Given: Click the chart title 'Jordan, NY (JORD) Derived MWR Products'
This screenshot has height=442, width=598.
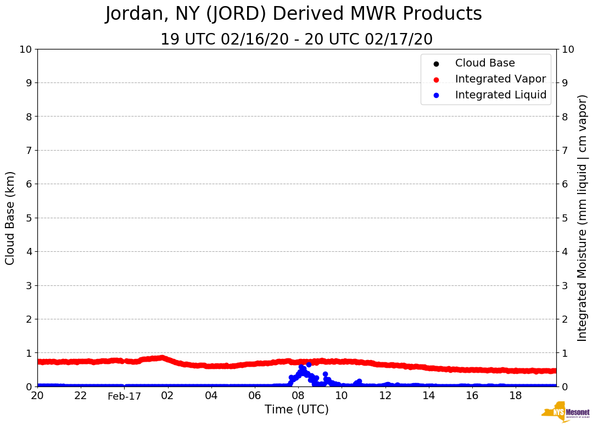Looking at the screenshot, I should [x=293, y=14].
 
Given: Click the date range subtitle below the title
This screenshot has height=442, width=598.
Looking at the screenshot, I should [x=296, y=40].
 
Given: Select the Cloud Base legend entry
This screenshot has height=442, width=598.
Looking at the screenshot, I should [x=485, y=63].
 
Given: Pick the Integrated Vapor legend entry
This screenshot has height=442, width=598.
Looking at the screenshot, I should [x=500, y=79].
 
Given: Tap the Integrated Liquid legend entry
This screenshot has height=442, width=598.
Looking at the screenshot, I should [x=500, y=95].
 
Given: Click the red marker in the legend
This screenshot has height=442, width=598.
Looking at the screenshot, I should [x=436, y=79].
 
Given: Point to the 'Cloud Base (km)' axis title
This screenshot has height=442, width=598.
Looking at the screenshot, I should [x=10, y=218].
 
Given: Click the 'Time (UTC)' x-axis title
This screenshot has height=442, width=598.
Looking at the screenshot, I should [x=297, y=410].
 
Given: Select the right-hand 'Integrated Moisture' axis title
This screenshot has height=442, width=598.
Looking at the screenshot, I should [x=583, y=218].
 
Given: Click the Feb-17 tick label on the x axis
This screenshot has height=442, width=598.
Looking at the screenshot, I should [x=124, y=396].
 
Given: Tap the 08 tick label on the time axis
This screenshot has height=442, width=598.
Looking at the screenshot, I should [x=298, y=396].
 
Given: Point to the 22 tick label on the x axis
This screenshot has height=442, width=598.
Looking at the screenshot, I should [x=81, y=396].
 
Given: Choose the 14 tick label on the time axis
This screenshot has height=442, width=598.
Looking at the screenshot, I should [x=428, y=396].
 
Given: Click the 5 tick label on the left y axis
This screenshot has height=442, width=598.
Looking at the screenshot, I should [x=29, y=218].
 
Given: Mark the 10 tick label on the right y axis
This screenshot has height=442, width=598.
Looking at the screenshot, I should [x=568, y=49].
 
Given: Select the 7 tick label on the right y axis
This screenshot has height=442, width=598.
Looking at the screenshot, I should [x=565, y=150].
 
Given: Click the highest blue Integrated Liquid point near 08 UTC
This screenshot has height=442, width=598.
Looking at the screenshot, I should [x=309, y=364].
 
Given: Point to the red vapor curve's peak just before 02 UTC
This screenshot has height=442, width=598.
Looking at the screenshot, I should [x=160, y=358].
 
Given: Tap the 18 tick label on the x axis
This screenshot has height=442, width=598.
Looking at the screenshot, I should [x=515, y=396].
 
